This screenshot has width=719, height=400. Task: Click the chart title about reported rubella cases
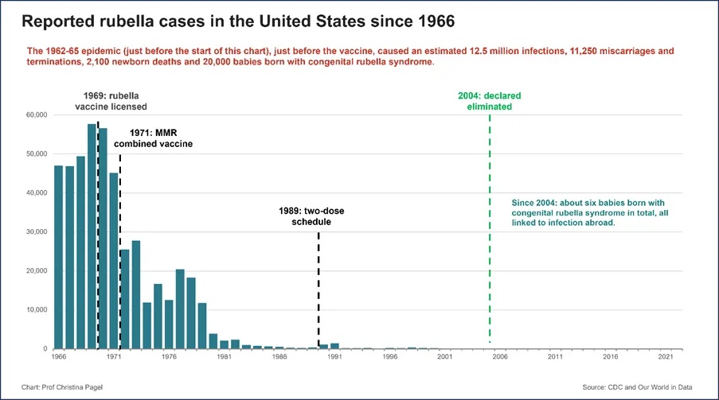coord(238,21)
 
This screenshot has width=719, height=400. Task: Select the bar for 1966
coord(59,257)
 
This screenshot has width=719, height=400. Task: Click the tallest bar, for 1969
coord(92,236)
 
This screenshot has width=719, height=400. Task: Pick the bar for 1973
coord(135,294)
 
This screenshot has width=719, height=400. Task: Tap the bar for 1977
coord(180,309)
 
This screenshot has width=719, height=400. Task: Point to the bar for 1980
coord(213,341)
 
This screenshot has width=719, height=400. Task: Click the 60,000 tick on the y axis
coord(37,115)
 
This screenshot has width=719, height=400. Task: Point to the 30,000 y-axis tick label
coord(37,232)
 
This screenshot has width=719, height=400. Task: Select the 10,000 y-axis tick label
coord(37,309)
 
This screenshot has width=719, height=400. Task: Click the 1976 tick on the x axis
coord(170,356)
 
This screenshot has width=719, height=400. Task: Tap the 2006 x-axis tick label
coord(500,356)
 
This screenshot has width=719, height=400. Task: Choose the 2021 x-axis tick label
coord(666,356)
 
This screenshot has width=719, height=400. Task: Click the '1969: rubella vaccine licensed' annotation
coord(111,101)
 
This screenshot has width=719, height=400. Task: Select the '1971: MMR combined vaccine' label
coord(153,138)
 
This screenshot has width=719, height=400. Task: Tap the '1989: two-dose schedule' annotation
coord(311,216)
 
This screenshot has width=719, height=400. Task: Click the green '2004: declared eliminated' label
coord(489,101)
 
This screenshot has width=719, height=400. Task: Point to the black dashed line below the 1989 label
coord(318,290)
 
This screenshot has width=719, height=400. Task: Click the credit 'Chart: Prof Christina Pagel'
coord(62,387)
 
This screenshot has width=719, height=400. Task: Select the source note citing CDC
coord(637,387)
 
